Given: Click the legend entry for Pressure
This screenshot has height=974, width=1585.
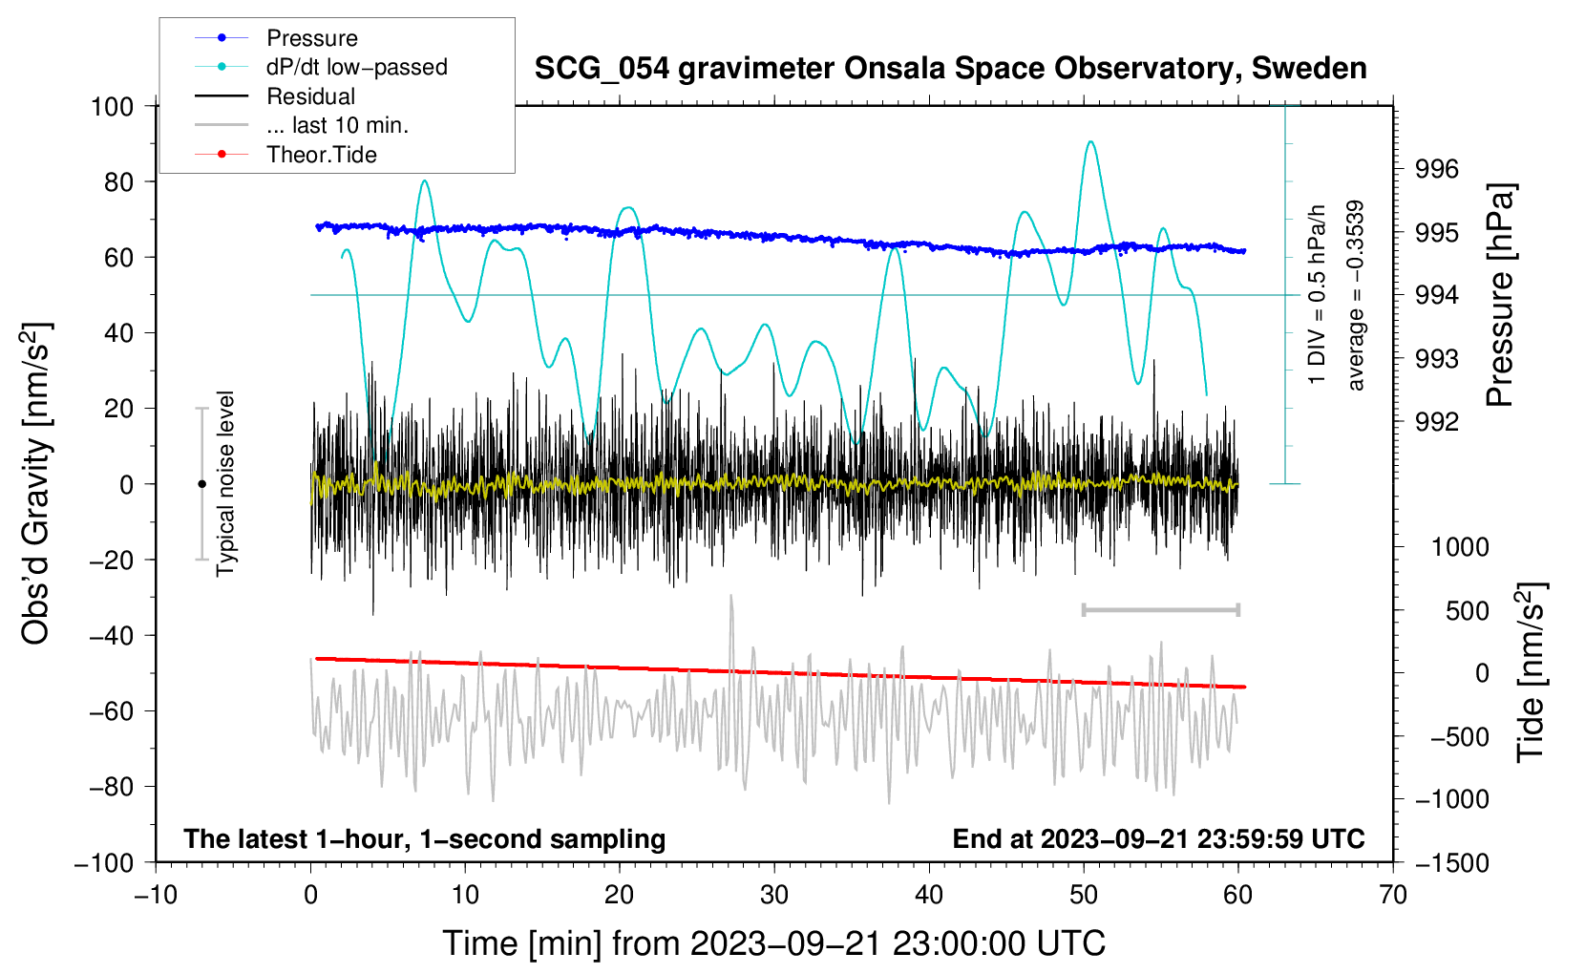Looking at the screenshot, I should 311,38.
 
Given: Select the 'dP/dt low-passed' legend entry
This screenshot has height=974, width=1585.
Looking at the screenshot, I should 356,67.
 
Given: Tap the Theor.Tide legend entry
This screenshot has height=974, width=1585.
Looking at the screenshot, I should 321,155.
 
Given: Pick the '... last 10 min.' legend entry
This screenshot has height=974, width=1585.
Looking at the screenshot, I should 337,125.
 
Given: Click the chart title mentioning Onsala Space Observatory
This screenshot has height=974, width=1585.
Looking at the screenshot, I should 950,69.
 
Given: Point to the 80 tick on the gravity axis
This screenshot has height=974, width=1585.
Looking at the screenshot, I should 118,181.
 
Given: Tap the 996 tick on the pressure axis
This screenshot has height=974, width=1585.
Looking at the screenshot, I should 1437,169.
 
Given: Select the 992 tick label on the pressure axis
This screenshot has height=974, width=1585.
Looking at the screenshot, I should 1437,422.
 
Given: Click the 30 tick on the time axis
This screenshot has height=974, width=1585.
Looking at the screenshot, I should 774,895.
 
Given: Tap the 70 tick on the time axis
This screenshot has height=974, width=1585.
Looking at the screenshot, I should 1393,895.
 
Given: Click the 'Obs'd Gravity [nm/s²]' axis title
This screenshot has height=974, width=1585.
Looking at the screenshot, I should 36,483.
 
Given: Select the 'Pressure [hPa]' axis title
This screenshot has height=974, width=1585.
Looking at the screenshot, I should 1500,296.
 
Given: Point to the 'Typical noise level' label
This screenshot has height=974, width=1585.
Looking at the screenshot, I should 225,483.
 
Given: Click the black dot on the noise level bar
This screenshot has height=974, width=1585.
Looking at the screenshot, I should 201,484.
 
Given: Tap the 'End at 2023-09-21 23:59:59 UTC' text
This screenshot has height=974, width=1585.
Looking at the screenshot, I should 1158,838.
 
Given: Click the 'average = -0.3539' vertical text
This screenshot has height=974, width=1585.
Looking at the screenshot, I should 1356,296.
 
